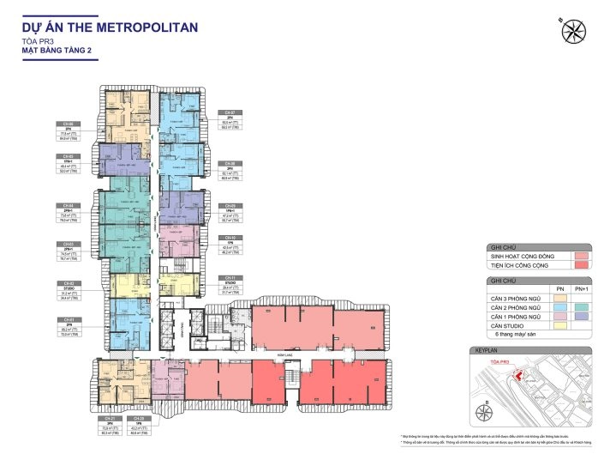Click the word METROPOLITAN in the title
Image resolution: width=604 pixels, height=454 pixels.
[x=147, y=27]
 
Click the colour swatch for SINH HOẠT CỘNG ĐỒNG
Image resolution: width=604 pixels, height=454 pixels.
[x=581, y=256]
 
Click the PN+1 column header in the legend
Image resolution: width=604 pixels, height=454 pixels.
[x=581, y=290]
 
